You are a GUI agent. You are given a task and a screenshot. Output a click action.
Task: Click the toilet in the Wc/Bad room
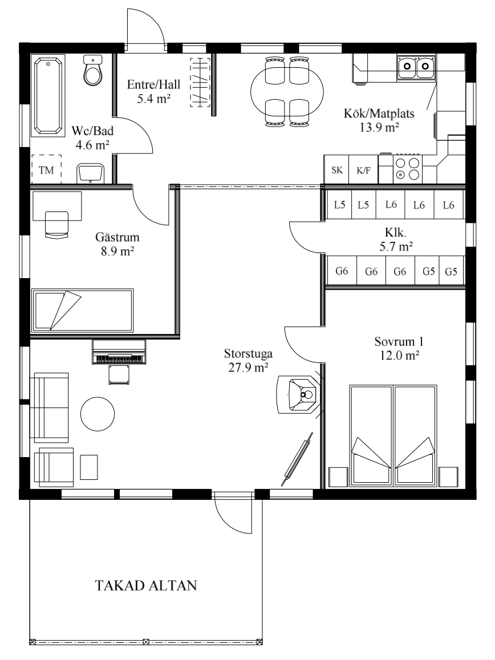point(93,70)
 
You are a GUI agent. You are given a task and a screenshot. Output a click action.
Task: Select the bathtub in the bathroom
point(48,96)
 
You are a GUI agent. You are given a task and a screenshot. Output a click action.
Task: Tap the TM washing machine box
point(46,169)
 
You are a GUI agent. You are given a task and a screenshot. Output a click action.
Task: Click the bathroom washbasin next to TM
point(90,173)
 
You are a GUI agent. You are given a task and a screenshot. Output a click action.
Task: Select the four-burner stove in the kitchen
point(407,169)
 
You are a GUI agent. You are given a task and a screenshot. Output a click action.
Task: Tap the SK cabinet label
point(337,170)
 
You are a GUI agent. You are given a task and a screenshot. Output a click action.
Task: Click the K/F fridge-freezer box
point(364,169)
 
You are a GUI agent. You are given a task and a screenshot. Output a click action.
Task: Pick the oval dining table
point(288,91)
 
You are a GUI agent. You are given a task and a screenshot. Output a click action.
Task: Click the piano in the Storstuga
point(119,352)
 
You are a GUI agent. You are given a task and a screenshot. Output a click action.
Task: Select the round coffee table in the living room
point(98,414)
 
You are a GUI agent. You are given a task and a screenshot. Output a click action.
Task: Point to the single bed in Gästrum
point(83,309)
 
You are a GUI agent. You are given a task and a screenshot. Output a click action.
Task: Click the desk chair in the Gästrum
point(56,225)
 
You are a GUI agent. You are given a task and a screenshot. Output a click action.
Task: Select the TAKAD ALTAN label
point(146,585)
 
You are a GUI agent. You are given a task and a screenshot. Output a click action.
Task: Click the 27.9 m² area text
point(249,368)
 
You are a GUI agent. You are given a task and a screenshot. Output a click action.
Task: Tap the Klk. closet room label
point(396,233)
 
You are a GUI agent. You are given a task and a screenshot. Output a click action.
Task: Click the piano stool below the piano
point(119,374)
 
